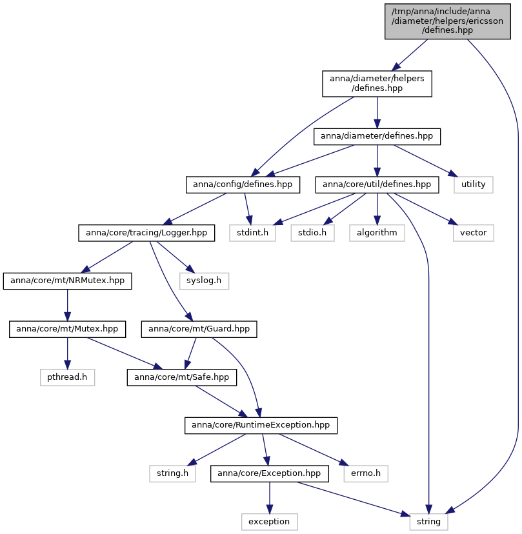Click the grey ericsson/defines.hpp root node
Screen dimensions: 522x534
tap(447, 21)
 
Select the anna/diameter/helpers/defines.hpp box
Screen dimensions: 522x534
tap(377, 83)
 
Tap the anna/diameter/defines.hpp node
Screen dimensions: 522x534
tap(377, 136)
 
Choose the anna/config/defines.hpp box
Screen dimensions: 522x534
tap(243, 184)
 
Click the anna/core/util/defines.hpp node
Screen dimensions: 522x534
tap(377, 184)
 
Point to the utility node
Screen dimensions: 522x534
tap(473, 184)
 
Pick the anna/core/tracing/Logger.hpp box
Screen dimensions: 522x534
tap(146, 233)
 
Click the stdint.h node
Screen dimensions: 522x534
tap(252, 233)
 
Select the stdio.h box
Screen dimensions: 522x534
tap(312, 233)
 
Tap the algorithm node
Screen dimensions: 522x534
tap(377, 233)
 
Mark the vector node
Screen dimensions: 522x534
tap(473, 233)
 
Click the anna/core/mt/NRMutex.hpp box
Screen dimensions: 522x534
tap(68, 281)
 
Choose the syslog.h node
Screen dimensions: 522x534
tap(204, 281)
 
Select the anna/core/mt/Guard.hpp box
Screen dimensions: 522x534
tap(199, 330)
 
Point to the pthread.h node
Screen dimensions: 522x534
tap(67, 377)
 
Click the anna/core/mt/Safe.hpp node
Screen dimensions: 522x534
tap(181, 377)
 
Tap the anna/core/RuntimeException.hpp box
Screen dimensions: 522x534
tap(261, 426)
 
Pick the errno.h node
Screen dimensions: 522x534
tap(366, 474)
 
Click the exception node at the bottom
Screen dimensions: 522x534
tap(270, 522)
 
